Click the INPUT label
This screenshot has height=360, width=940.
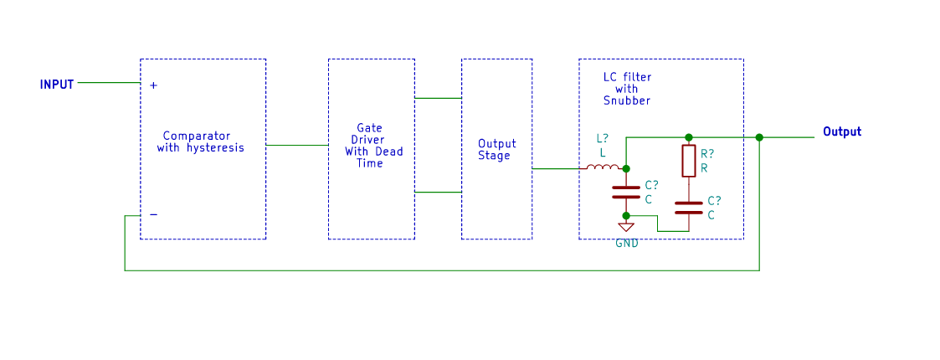pyautogui.click(x=57, y=85)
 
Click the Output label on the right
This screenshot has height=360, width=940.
pyautogui.click(x=841, y=132)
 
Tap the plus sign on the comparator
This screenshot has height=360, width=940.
pyautogui.click(x=153, y=85)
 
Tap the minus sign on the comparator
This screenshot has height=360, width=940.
pyautogui.click(x=153, y=214)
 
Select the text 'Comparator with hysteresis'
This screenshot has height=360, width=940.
pyautogui.click(x=200, y=141)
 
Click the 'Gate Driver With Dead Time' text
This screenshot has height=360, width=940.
pyautogui.click(x=372, y=146)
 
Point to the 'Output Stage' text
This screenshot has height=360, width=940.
pyautogui.click(x=496, y=149)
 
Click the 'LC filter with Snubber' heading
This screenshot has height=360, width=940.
pyautogui.click(x=627, y=89)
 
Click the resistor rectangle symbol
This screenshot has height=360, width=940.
pyautogui.click(x=688, y=161)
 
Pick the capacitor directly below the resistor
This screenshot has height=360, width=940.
pyautogui.click(x=688, y=208)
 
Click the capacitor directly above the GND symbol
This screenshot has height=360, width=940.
pyautogui.click(x=626, y=192)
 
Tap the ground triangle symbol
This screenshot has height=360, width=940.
pyautogui.click(x=626, y=227)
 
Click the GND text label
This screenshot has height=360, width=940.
pyautogui.click(x=626, y=244)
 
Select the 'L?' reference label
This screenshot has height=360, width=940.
pyautogui.click(x=602, y=139)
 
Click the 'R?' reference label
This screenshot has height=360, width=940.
pyautogui.click(x=707, y=155)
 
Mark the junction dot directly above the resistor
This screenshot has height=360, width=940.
pyautogui.click(x=688, y=137)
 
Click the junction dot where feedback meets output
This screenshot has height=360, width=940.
pyautogui.click(x=759, y=137)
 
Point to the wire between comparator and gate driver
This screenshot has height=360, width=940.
pyautogui.click(x=297, y=145)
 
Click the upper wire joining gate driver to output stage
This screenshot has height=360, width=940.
pyautogui.click(x=438, y=98)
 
